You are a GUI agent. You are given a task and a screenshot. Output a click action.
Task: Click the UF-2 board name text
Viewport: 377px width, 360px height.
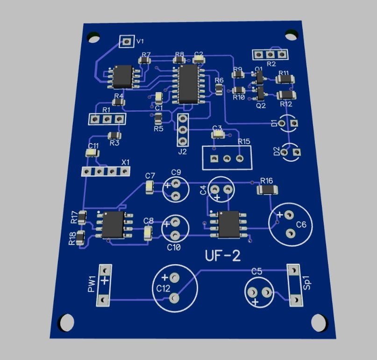click(223, 255)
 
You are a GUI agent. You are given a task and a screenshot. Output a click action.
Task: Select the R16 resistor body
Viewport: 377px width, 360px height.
click(267, 189)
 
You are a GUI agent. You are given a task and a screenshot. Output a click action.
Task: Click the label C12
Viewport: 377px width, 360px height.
click(163, 288)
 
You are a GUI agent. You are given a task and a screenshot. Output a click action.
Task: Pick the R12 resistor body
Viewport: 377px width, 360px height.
click(286, 95)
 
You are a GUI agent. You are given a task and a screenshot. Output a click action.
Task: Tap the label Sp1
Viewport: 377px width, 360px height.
click(307, 285)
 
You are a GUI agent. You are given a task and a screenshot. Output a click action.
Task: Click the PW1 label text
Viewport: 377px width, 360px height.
click(92, 284)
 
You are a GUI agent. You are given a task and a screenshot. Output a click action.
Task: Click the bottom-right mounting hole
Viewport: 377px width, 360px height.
click(319, 322)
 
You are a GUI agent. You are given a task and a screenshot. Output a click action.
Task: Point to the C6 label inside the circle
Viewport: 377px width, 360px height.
click(301, 225)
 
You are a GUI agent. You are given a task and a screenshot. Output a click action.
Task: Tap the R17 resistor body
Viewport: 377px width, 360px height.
click(82, 217)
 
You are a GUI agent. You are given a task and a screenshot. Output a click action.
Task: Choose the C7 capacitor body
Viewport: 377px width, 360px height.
click(149, 187)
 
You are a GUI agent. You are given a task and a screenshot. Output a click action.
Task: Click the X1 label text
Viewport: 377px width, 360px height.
click(126, 162)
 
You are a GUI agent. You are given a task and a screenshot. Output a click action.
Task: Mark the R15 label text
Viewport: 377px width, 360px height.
click(244, 141)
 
